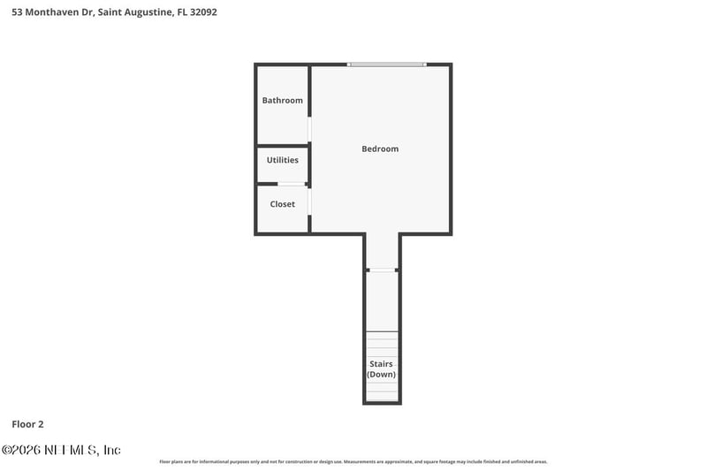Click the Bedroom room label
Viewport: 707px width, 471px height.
point(380,148)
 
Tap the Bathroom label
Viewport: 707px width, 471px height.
point(282,101)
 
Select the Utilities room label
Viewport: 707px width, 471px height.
point(282,160)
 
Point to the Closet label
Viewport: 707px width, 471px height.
point(282,204)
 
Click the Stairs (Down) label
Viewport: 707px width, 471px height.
point(382,368)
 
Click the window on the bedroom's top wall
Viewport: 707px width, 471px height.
point(386,65)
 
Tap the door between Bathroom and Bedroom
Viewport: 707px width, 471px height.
point(309,129)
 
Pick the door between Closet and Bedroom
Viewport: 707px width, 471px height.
point(309,202)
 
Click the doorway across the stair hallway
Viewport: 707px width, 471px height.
point(382,270)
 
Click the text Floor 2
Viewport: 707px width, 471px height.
point(28,424)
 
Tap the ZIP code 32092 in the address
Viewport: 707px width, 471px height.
point(203,12)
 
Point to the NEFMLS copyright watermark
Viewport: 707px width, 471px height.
point(61,450)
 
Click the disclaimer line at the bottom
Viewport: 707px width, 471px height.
point(353,461)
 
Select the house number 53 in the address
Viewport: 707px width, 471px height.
point(17,12)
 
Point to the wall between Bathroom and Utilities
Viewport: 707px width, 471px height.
point(282,145)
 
